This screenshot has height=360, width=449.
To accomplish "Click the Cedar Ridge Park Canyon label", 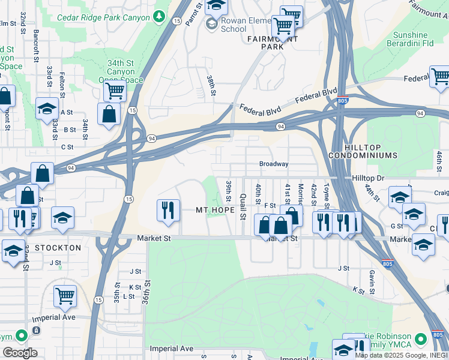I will tap(103, 17).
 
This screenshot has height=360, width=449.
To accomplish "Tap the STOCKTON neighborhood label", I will tap(58, 247).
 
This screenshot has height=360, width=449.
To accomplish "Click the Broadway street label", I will tap(274, 164).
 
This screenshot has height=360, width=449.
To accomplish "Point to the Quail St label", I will tap(244, 206).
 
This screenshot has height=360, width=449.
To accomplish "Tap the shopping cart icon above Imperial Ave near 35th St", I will tap(65, 295).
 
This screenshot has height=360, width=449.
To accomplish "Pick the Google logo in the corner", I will tap(19, 353).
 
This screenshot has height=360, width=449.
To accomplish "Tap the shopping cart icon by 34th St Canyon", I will tap(114, 91).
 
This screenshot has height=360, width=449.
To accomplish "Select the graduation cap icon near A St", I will tap(46, 109).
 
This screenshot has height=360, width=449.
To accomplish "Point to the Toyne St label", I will tap(327, 193).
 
